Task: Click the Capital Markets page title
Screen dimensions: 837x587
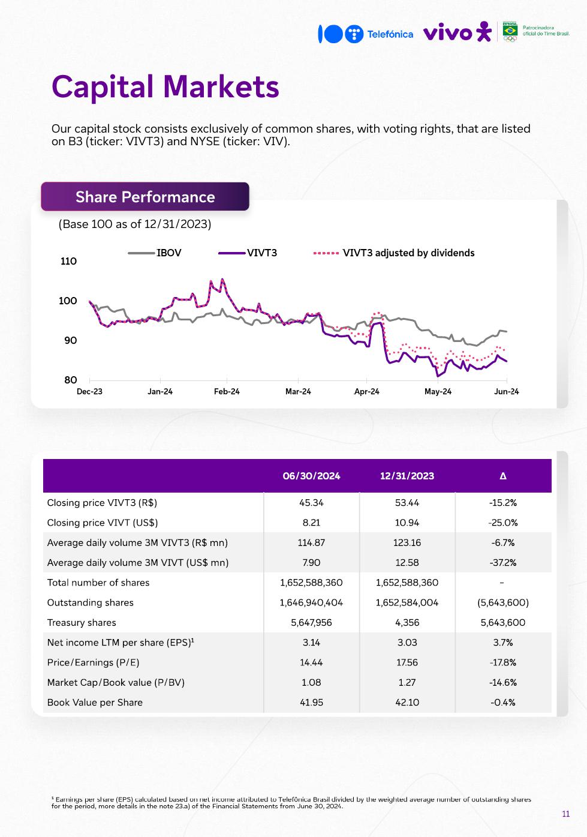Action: tap(165, 87)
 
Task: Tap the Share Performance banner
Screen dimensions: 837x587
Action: tap(145, 197)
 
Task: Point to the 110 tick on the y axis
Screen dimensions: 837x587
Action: tap(69, 261)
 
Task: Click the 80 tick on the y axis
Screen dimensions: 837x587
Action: tap(71, 380)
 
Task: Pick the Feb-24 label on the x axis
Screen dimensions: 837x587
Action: tap(227, 392)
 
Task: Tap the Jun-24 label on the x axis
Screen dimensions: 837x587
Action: tap(507, 392)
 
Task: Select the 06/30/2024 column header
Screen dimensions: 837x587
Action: tap(311, 476)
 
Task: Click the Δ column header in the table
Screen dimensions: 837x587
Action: tap(503, 476)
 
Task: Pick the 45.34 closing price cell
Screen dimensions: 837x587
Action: tap(311, 503)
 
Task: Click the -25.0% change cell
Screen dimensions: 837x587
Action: tap(503, 523)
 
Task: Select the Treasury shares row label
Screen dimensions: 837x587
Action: tap(82, 623)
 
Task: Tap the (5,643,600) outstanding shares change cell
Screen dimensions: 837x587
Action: tap(503, 602)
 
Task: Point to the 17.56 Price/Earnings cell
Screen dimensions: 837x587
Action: tap(407, 662)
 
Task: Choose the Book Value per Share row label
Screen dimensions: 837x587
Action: tap(95, 703)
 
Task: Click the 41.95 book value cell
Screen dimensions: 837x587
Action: tap(311, 703)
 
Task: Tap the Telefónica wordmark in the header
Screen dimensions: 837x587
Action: tap(390, 34)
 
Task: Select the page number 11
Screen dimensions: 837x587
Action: tap(566, 814)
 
